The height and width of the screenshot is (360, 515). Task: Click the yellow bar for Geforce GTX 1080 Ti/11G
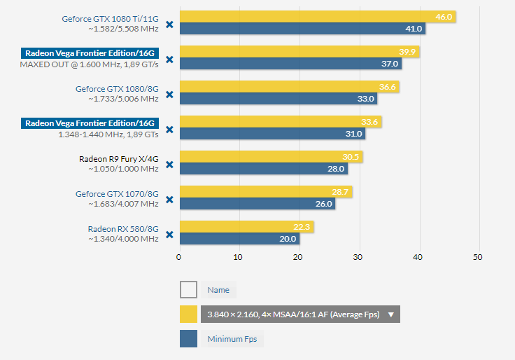315,17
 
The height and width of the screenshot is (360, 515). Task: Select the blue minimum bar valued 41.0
301,29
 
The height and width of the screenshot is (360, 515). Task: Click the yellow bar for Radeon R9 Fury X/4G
269,157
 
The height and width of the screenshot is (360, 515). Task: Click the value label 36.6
388,87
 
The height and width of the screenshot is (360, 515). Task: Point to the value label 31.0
355,134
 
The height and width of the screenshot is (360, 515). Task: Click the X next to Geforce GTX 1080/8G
169,95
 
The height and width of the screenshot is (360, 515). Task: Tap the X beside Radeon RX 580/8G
169,235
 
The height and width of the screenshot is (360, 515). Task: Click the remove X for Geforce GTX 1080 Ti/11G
169,25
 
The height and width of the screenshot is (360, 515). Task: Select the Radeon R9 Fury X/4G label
118,159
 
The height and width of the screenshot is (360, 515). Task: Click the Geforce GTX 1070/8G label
117,194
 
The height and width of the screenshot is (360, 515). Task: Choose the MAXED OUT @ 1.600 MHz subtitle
90,64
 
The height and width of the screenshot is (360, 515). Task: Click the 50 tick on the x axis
478,258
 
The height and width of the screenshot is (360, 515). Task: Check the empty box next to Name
188,290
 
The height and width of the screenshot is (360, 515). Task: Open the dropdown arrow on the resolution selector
391,314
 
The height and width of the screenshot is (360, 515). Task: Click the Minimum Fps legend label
232,339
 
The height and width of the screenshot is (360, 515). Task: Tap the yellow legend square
188,314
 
